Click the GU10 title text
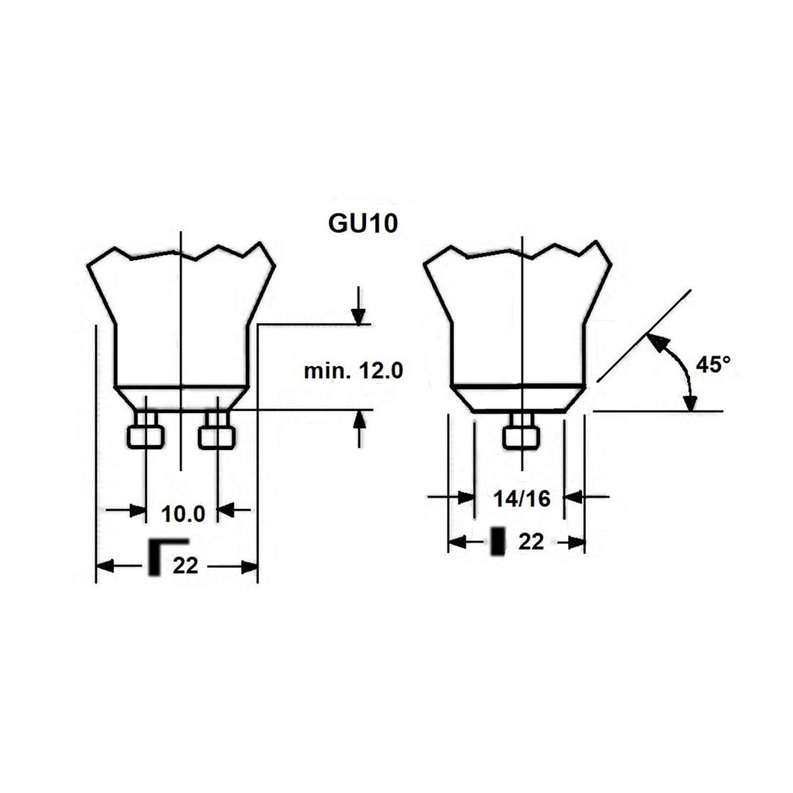pos(363,224)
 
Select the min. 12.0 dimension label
pos(353,371)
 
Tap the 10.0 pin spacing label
pos(183,514)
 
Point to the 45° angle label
pos(713,365)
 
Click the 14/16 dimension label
pos(521,499)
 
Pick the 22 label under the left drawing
pos(185,566)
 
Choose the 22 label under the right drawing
pos(531,542)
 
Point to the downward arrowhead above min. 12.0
pos(358,316)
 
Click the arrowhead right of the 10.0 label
pos(226,510)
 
